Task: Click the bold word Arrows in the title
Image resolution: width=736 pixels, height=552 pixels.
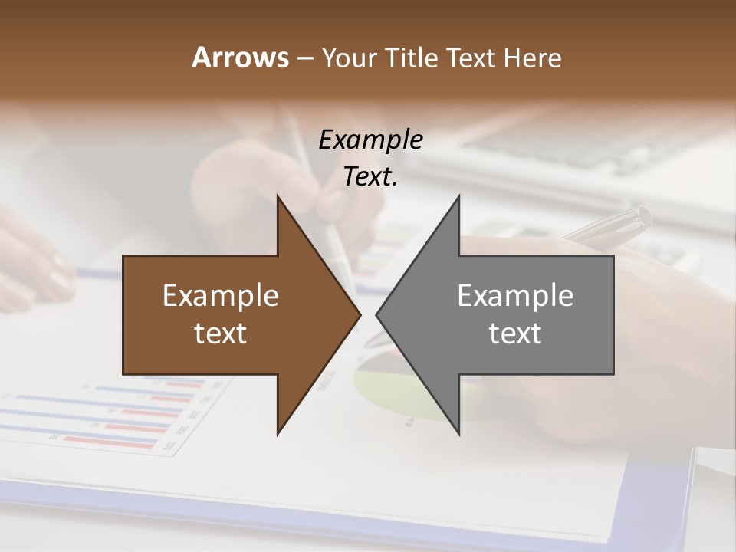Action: click(239, 58)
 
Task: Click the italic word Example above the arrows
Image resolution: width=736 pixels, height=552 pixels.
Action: click(371, 140)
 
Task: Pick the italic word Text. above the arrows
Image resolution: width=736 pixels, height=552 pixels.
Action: click(371, 177)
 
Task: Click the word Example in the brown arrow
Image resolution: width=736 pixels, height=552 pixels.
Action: click(221, 296)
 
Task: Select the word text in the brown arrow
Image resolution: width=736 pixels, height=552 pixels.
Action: click(221, 333)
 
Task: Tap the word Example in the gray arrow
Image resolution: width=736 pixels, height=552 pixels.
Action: click(515, 296)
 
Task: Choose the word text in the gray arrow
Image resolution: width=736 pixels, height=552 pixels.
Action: click(515, 333)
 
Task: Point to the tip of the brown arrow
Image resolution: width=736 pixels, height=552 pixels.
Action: click(360, 314)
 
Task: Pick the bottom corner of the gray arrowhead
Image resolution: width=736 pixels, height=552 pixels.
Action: click(458, 433)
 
